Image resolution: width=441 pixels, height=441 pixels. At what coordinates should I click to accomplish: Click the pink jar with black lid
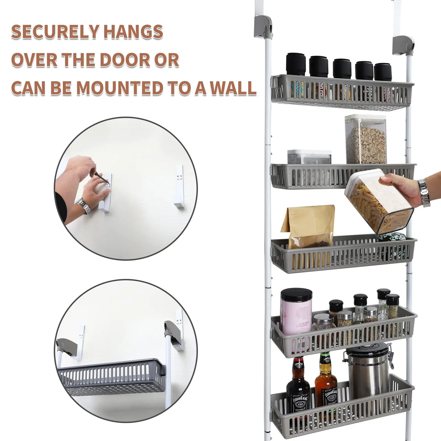tap(295, 311)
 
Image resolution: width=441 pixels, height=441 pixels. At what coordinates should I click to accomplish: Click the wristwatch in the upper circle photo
tap(83, 206)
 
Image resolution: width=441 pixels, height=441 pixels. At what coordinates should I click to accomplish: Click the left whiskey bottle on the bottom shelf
tap(298, 386)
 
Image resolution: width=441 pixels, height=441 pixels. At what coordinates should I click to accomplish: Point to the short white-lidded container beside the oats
tap(309, 157)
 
